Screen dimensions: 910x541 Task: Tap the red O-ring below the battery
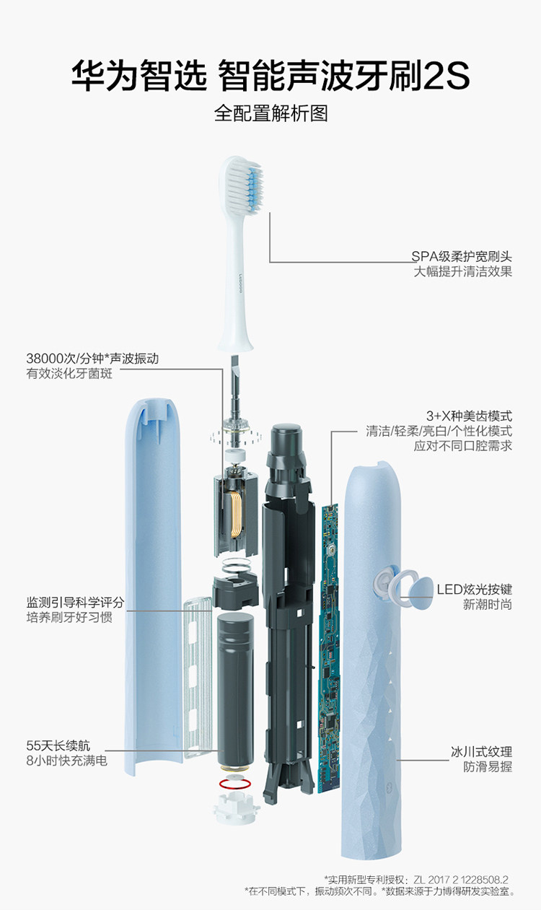pos(235,784)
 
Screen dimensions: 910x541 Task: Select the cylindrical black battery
pos(235,686)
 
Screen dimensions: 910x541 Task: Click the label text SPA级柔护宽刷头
pos(462,256)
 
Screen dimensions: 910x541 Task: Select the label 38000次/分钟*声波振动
pos(92,358)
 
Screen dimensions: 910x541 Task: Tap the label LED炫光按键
pos(474,588)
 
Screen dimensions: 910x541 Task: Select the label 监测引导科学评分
pos(76,602)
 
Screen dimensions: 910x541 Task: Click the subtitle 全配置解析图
pos(270,113)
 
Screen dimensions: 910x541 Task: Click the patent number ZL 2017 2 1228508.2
pos(461,880)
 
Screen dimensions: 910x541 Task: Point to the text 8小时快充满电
pos(66,760)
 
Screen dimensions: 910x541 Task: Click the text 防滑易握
pos(487,766)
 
